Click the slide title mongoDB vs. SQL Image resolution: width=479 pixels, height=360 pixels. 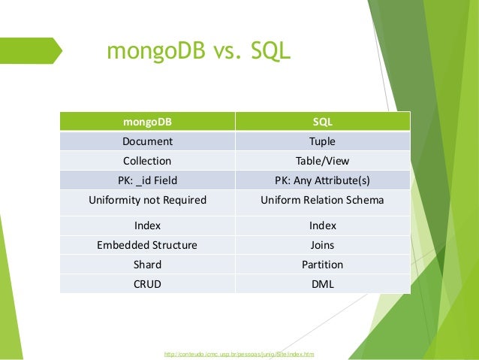click(x=198, y=53)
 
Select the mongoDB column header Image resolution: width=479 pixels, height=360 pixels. click(x=147, y=121)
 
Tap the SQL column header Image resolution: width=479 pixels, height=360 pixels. click(x=323, y=121)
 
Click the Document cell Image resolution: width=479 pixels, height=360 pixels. click(x=147, y=141)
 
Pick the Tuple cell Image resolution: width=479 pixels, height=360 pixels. click(x=323, y=141)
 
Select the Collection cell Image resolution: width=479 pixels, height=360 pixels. click(x=147, y=160)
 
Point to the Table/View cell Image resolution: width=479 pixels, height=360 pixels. click(x=323, y=160)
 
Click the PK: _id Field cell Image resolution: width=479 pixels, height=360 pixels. click(x=147, y=180)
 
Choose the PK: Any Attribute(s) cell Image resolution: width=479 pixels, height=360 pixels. click(x=323, y=180)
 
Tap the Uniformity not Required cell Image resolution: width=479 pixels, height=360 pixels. click(x=147, y=201)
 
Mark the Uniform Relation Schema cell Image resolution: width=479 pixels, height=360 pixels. click(x=323, y=201)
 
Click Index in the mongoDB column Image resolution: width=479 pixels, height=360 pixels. click(x=147, y=225)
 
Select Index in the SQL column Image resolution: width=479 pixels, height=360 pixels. click(x=323, y=225)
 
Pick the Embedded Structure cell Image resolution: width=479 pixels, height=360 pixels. click(x=147, y=245)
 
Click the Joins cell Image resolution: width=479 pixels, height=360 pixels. click(x=323, y=245)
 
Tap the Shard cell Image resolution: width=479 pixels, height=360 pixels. click(x=147, y=265)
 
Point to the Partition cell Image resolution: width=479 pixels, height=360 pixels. click(x=323, y=265)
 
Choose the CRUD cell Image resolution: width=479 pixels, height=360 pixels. click(x=147, y=284)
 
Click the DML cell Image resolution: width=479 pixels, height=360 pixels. click(x=323, y=284)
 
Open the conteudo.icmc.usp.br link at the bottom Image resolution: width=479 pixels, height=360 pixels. click(x=239, y=352)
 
